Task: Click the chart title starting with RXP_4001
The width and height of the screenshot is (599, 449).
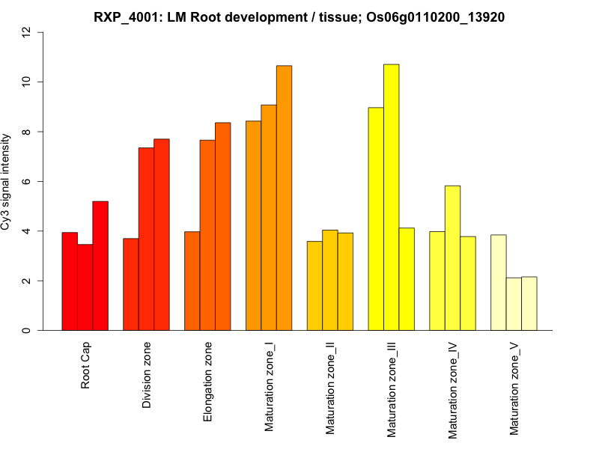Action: pos(299,17)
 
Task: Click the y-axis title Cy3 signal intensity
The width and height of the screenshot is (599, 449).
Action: pos(7,181)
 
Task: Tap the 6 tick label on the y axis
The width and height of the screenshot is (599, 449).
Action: pos(27,181)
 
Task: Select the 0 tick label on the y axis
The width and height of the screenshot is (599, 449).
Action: pos(27,330)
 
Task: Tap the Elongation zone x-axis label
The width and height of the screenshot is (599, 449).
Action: pos(208,382)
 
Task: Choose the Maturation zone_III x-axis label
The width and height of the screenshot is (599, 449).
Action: pos(392,389)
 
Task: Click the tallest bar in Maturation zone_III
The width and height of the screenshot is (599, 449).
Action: pos(392,198)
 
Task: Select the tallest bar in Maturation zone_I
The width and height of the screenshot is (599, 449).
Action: pos(285,198)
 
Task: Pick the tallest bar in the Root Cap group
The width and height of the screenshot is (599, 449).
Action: pos(100,266)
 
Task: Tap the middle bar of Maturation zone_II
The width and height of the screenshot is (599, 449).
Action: pos(330,280)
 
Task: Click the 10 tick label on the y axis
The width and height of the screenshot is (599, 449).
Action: pos(27,82)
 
